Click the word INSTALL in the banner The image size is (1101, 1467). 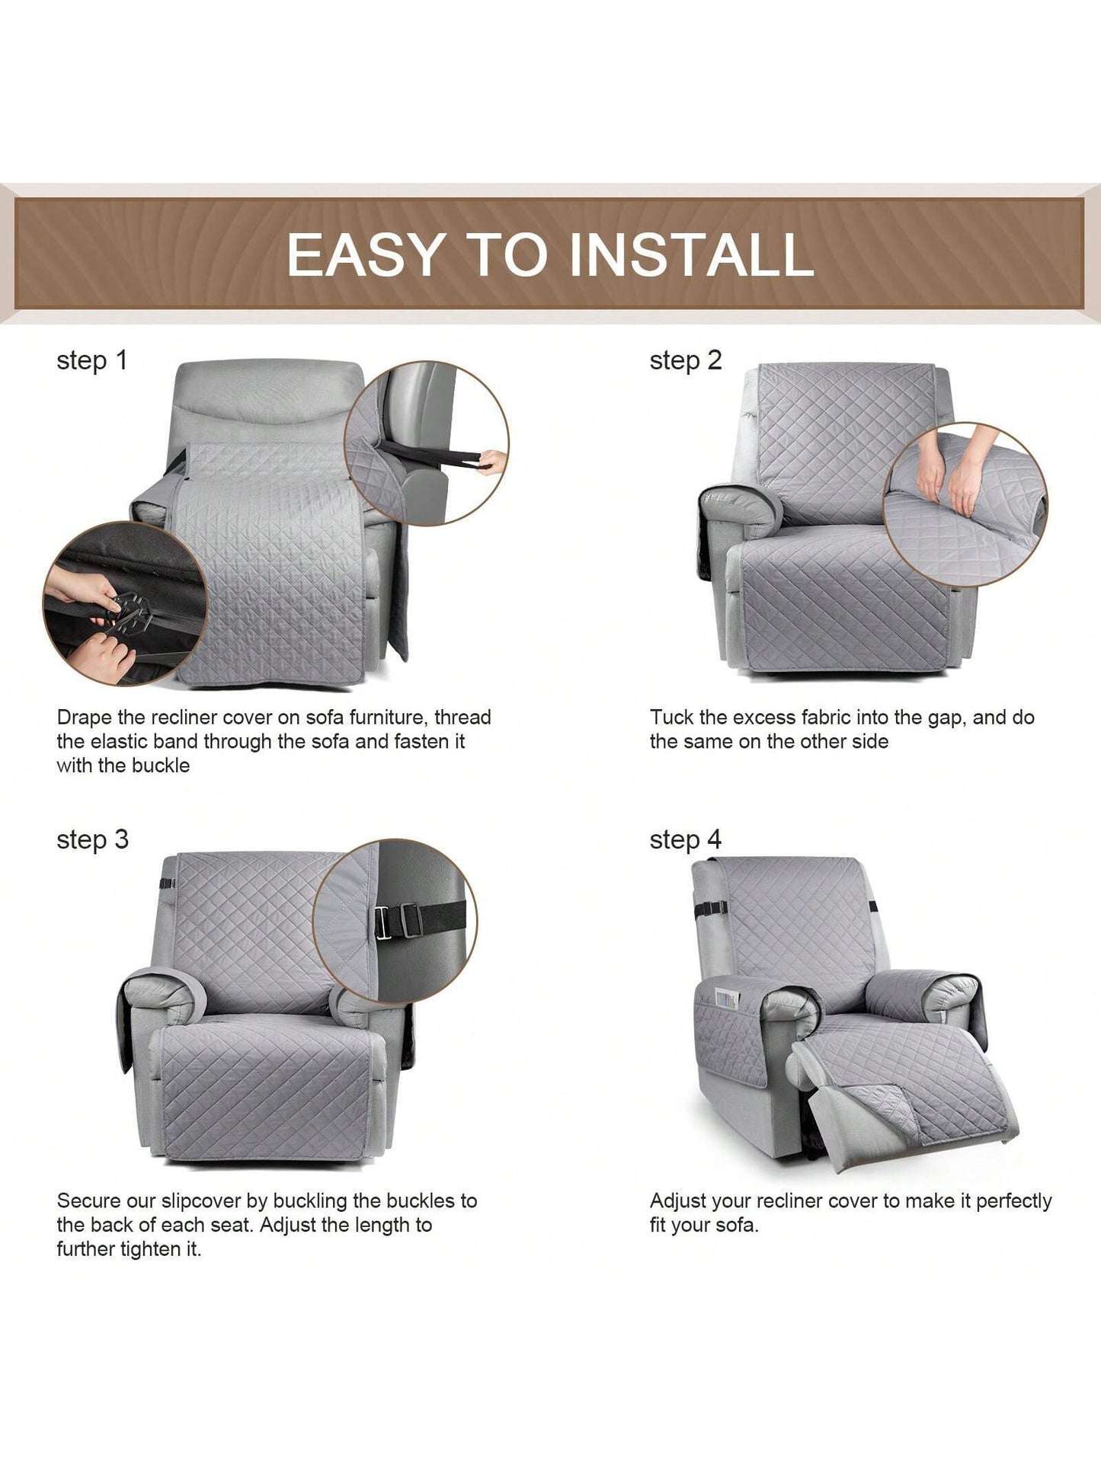coord(691,254)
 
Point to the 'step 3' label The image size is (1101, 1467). coord(93,840)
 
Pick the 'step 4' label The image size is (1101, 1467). coord(686,840)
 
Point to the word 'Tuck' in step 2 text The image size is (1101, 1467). coord(671,718)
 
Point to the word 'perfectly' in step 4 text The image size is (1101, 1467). coord(1014,1202)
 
